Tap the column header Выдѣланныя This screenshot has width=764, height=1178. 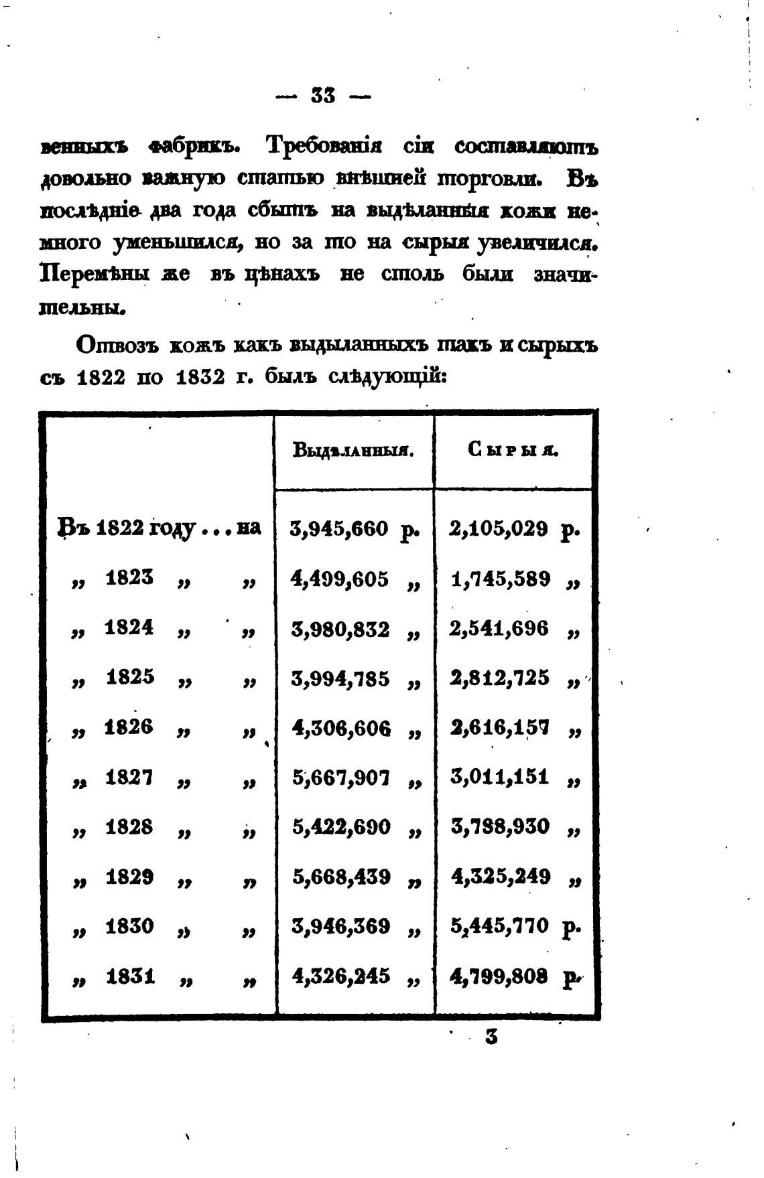[353, 450]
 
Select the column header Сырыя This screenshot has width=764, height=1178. [513, 450]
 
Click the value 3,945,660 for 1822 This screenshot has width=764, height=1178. [340, 529]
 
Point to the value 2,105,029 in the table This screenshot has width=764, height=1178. [499, 529]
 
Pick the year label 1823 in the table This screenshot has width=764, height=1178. [129, 577]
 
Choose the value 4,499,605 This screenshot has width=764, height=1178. [340, 579]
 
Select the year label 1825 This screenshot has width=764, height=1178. [129, 677]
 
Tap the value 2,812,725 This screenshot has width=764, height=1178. [500, 678]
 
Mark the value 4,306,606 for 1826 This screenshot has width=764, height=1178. [340, 728]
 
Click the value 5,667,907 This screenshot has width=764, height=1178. [340, 778]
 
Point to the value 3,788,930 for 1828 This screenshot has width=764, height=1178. [500, 827]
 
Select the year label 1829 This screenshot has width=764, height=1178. [129, 876]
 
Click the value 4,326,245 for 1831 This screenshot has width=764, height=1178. [340, 976]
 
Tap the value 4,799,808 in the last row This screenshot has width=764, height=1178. [500, 976]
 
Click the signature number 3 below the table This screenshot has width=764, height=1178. [491, 1037]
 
